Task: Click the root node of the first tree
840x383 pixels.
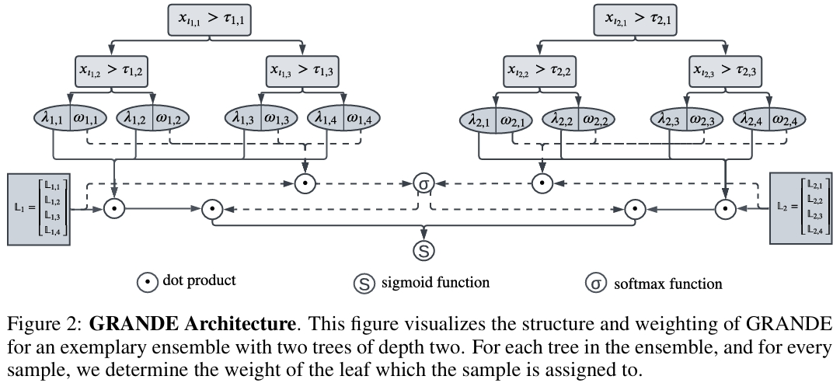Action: pyautogui.click(x=209, y=20)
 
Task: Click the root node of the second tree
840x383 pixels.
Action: pyautogui.click(x=635, y=20)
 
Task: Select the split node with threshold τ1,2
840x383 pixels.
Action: pyautogui.click(x=111, y=71)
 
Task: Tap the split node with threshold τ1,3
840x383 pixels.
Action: pyautogui.click(x=302, y=71)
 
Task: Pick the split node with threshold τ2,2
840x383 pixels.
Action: pyautogui.click(x=539, y=71)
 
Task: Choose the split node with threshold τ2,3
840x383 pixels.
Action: pyautogui.click(x=724, y=71)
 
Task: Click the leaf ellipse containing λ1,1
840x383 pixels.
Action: pyautogui.click(x=70, y=118)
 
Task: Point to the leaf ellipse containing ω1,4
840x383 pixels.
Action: pyautogui.click(x=344, y=118)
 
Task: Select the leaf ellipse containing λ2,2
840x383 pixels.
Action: pyautogui.click(x=579, y=120)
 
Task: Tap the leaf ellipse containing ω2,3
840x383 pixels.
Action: pyautogui.click(x=687, y=120)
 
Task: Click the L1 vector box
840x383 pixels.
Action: pyautogui.click(x=39, y=209)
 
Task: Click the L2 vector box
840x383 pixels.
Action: pyautogui.click(x=801, y=208)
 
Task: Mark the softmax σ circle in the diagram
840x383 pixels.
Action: pyautogui.click(x=423, y=183)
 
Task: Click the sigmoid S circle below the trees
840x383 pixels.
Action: pyautogui.click(x=423, y=250)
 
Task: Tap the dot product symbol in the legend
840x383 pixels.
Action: pyautogui.click(x=148, y=282)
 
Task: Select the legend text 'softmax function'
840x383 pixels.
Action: pyautogui.click(x=668, y=284)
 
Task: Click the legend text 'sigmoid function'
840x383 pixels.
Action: pyautogui.click(x=435, y=282)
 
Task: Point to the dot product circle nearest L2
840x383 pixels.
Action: pyautogui.click(x=726, y=209)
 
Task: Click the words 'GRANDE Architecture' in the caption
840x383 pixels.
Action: pyautogui.click(x=192, y=324)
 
